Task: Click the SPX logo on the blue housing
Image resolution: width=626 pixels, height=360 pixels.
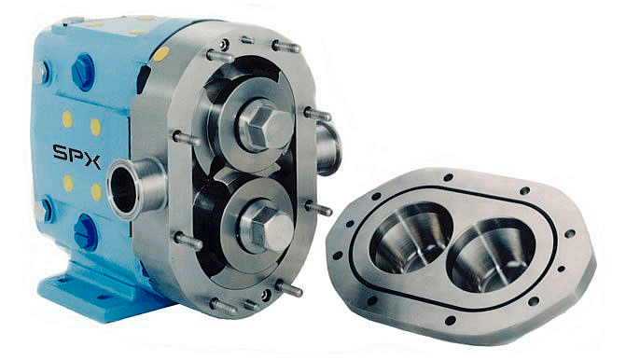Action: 77,156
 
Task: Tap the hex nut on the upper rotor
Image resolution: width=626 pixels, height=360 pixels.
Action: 263,125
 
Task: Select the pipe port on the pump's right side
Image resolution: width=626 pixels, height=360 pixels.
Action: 328,147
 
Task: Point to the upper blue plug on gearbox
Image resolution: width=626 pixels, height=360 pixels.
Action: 83,72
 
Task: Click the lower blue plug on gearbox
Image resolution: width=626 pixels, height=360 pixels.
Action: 86,232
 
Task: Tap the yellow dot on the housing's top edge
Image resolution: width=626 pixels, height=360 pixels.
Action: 160,54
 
